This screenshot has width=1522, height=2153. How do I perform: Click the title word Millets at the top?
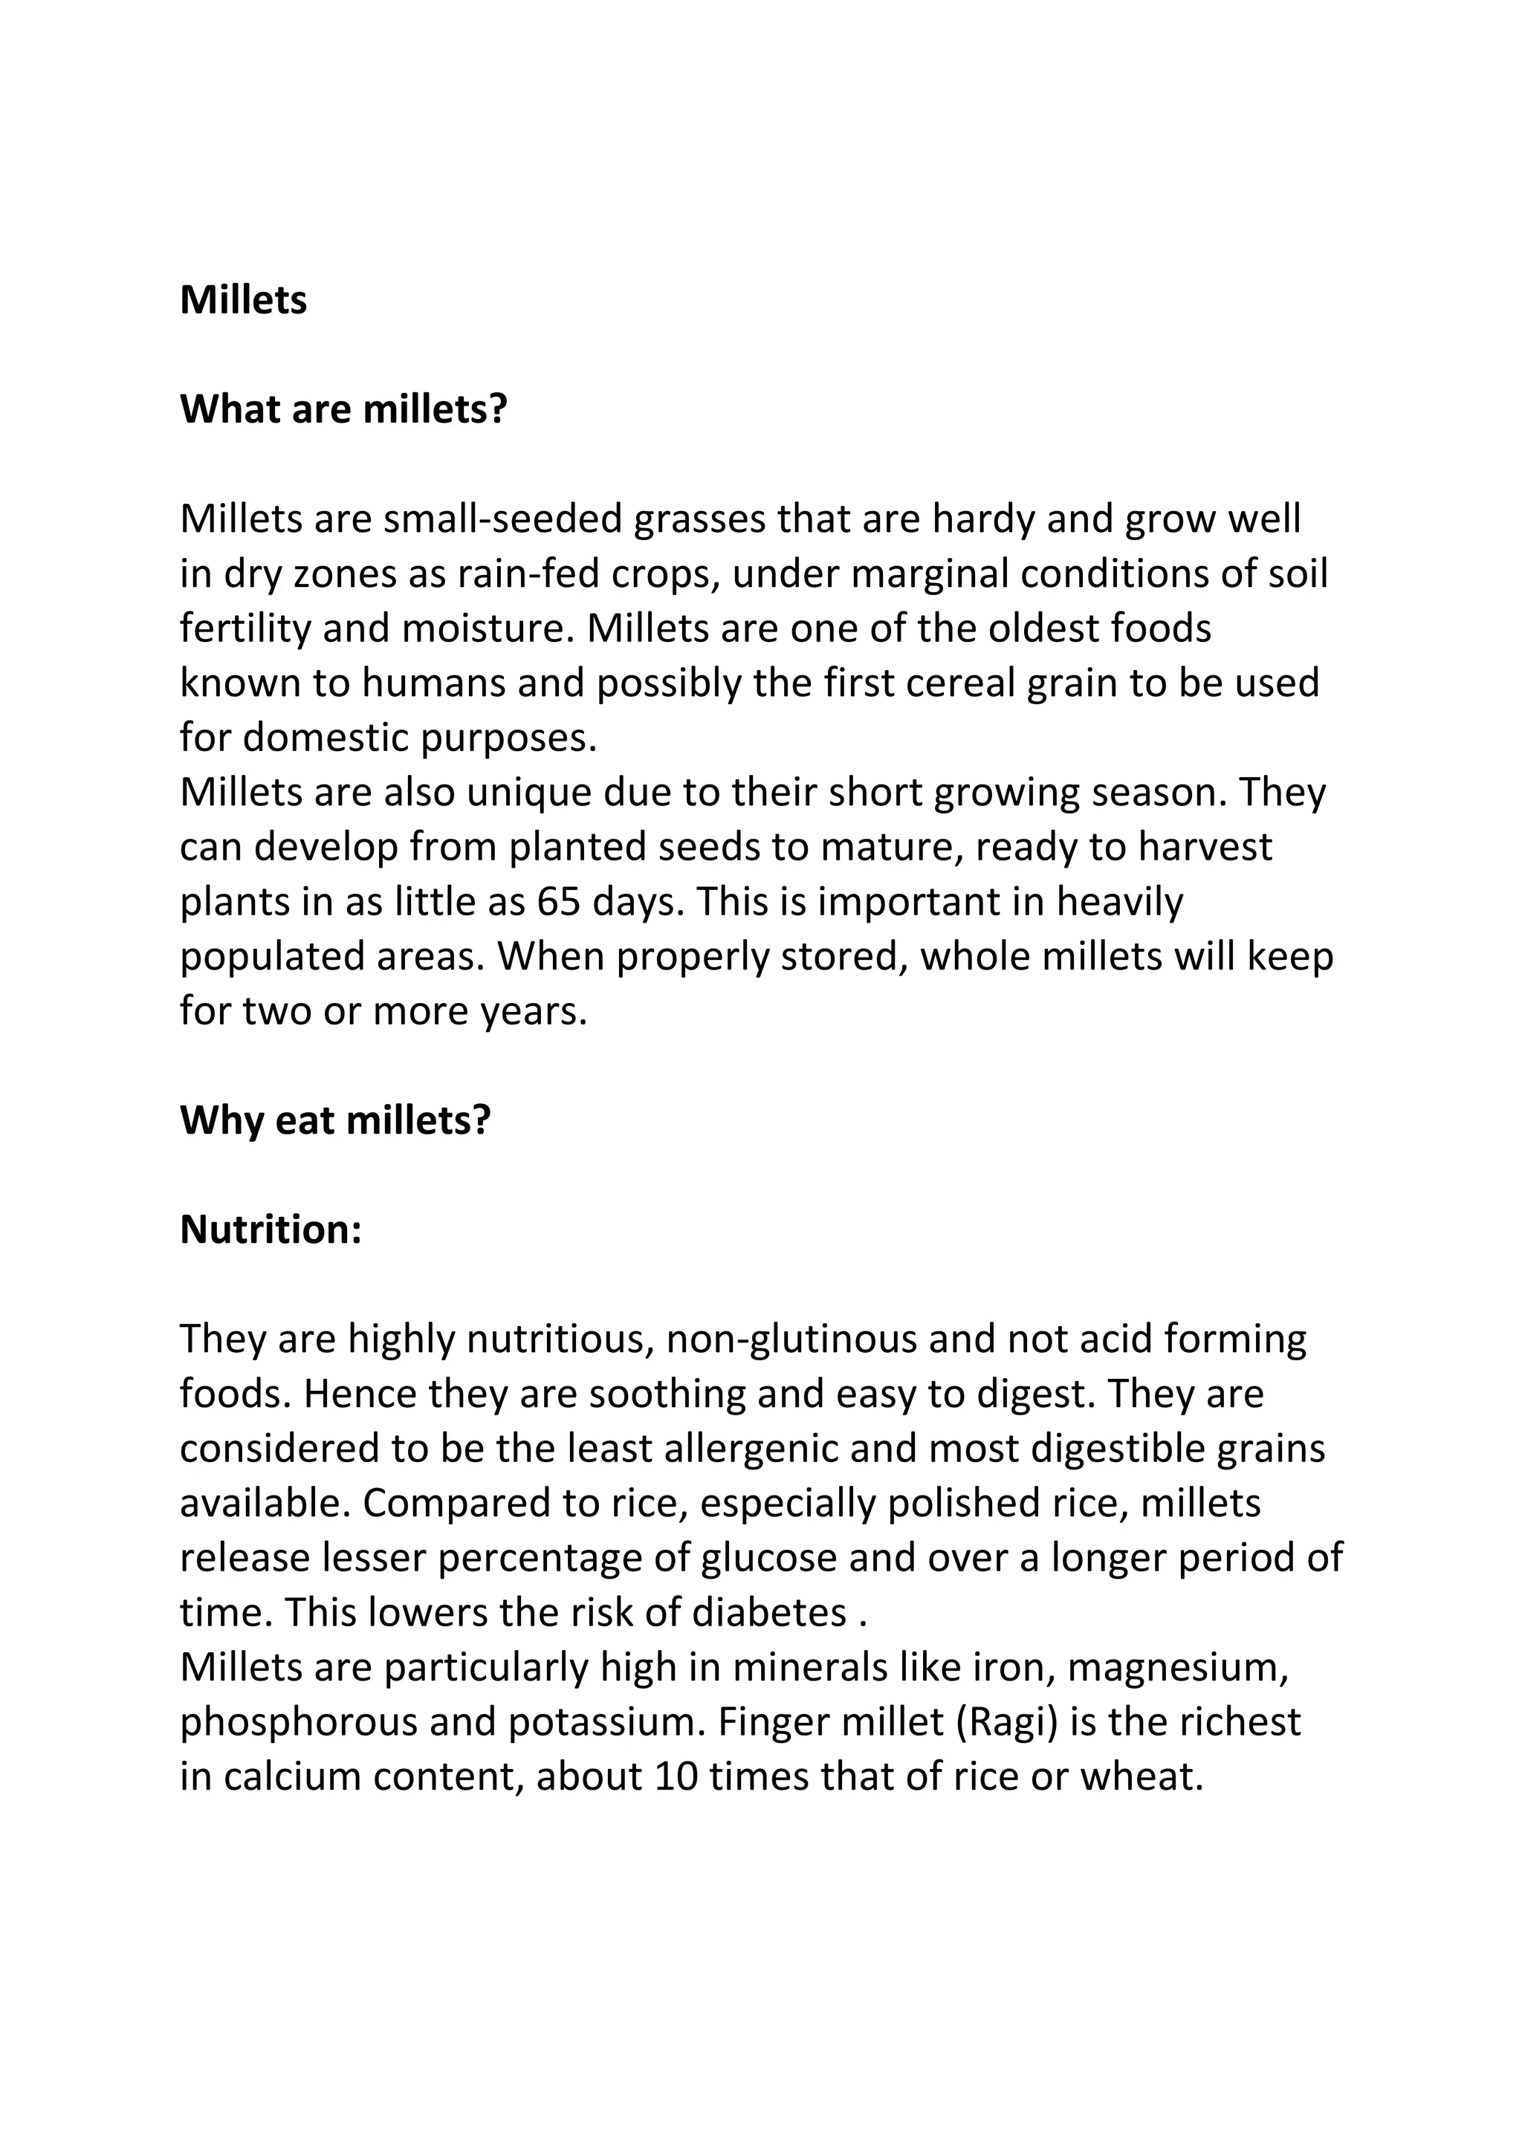coord(243,301)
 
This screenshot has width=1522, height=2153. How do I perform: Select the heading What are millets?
coord(343,410)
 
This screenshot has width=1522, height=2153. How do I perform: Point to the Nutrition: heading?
coord(270,1230)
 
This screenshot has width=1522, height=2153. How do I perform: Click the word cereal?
coord(960,683)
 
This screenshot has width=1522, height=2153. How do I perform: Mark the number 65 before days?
coord(559,902)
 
